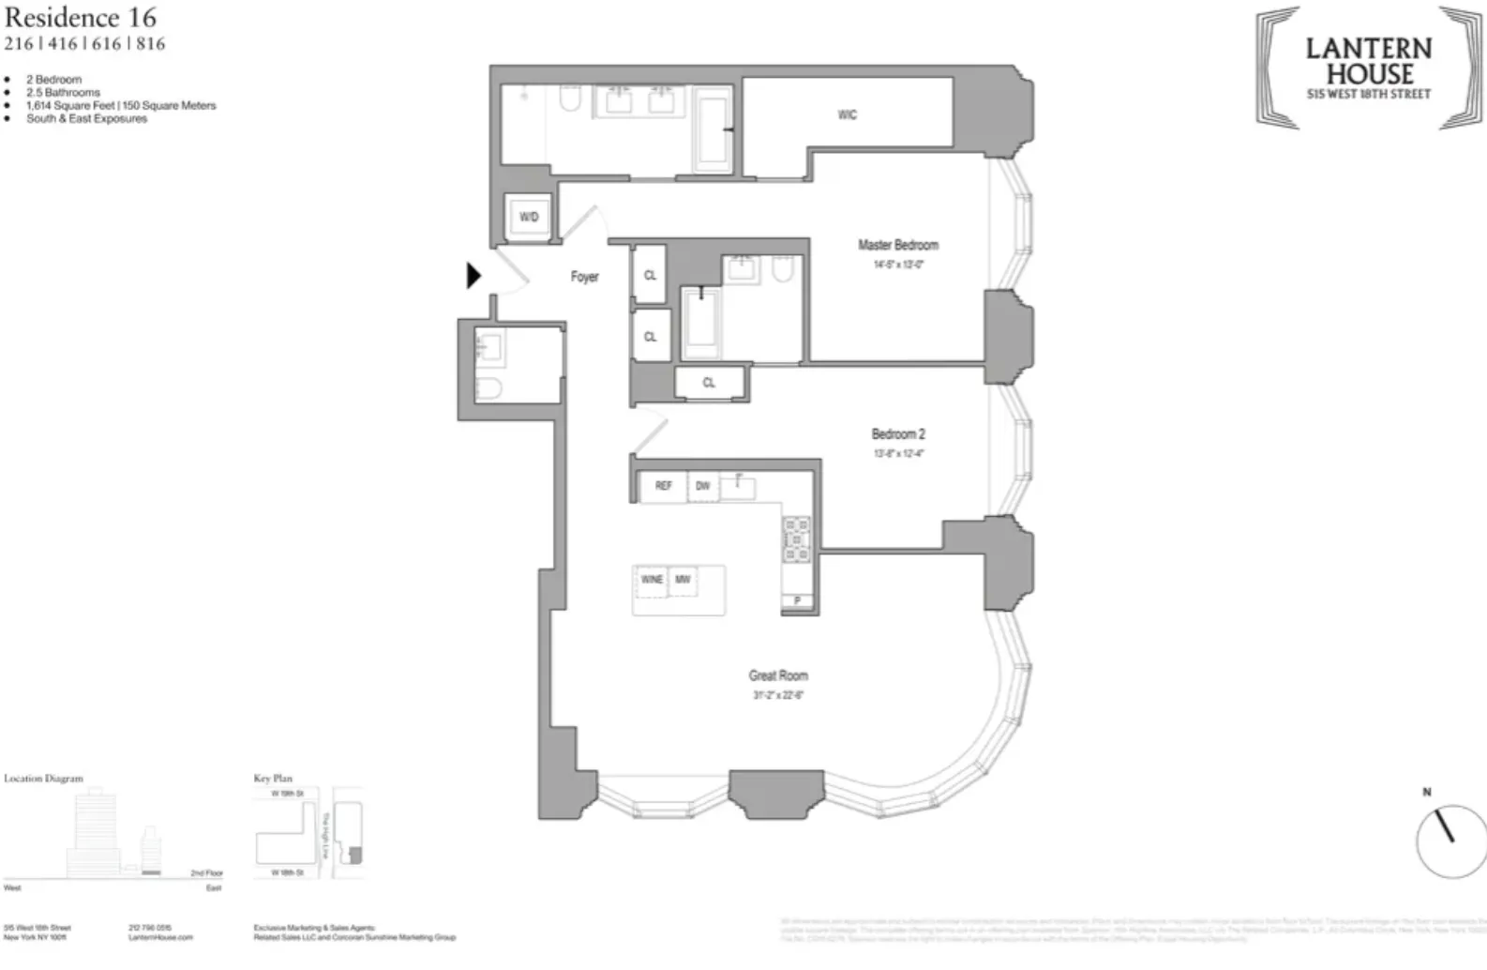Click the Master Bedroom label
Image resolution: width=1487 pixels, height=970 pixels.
(897, 245)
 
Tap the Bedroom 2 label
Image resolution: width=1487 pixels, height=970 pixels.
(897, 434)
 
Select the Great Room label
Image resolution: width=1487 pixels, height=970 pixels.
(777, 675)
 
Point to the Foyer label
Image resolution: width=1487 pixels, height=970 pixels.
(584, 277)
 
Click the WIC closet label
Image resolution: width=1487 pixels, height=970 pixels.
(847, 115)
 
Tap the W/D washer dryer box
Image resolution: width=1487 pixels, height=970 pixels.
(529, 217)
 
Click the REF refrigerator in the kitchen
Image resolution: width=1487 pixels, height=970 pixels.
(663, 486)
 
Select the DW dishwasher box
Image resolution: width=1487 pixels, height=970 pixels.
(703, 486)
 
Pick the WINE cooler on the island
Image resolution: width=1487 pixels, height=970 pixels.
(652, 580)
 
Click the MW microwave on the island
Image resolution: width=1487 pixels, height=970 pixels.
(683, 580)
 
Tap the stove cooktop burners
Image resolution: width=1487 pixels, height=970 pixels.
(796, 539)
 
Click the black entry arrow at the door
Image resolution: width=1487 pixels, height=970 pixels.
(473, 276)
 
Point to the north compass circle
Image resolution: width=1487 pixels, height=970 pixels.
(1449, 841)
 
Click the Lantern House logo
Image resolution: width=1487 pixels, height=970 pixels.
(1369, 68)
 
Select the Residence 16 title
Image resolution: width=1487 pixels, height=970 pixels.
(81, 17)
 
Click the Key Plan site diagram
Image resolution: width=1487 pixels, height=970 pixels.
(308, 833)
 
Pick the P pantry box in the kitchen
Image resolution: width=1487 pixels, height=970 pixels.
(798, 600)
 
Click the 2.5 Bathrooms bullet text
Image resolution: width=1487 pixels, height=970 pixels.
(63, 93)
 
